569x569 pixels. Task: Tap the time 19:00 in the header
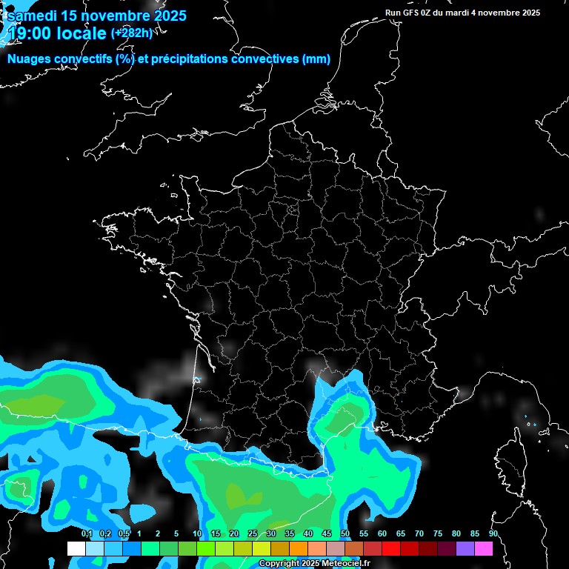pyautogui.click(x=30, y=33)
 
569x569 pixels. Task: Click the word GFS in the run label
pyautogui.click(x=415, y=13)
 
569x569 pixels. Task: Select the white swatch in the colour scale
pyautogui.click(x=76, y=548)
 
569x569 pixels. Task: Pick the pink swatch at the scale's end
pyautogui.click(x=483, y=548)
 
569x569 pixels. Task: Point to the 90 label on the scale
pyautogui.click(x=493, y=534)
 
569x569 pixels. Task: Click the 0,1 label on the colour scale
pyautogui.click(x=87, y=534)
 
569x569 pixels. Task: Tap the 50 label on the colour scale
pyautogui.click(x=345, y=534)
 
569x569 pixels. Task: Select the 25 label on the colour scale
pyautogui.click(x=253, y=534)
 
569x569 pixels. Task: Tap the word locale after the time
pyautogui.click(x=81, y=33)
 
